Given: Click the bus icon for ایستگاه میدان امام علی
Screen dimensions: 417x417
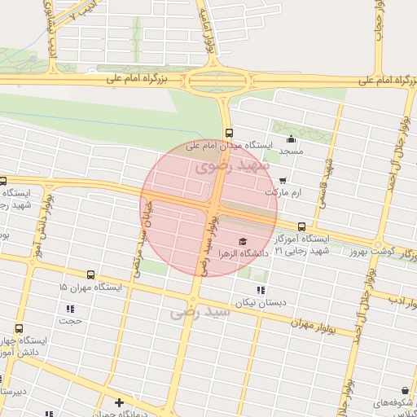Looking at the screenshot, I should coord(228,132).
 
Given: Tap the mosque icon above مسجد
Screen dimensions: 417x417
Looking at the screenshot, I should coord(291,138).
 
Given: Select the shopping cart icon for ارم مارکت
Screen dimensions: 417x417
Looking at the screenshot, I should coord(283,181).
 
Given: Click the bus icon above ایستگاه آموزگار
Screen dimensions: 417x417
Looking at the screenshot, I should coord(302,226).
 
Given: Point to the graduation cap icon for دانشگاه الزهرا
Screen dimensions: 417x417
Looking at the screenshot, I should coord(241,241).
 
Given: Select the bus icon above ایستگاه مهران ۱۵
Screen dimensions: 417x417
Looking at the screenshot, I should coord(90,275).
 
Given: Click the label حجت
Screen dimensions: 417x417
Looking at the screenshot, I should coord(70,320).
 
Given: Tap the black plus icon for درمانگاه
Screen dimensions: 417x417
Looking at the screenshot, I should coord(120,402).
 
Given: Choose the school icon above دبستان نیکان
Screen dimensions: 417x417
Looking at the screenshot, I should coord(261,290).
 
